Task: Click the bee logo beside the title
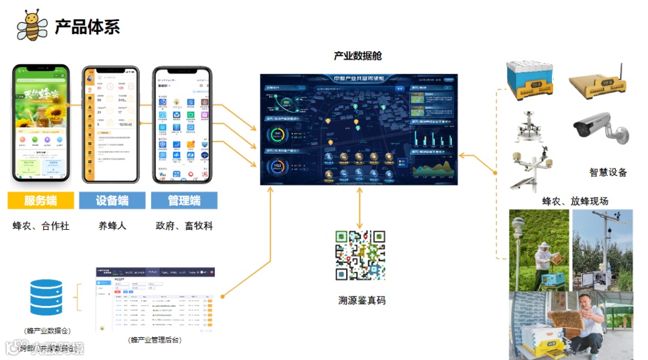32,25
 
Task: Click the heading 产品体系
87,26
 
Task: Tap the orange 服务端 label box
41,200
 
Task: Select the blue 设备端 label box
112,200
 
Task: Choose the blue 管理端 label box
184,200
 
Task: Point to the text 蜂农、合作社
41,226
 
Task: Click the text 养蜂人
112,226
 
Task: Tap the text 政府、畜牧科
184,226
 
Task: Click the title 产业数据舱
358,56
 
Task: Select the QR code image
359,256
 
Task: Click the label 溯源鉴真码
361,300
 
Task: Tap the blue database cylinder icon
46,298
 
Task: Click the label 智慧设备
608,173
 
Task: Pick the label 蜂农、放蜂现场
575,201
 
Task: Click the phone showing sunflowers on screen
41,124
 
